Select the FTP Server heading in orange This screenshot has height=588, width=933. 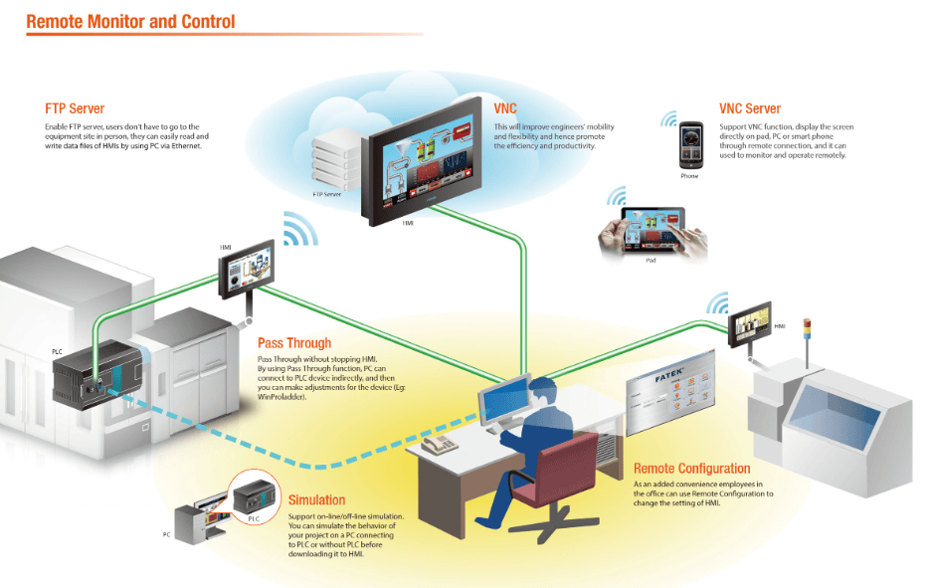pyautogui.click(x=75, y=108)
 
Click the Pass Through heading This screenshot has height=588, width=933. pyautogui.click(x=294, y=343)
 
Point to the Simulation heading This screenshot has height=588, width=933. pyautogui.click(x=316, y=499)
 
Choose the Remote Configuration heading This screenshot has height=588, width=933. pyautogui.click(x=691, y=468)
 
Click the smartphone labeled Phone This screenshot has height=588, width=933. pyautogui.click(x=689, y=143)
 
